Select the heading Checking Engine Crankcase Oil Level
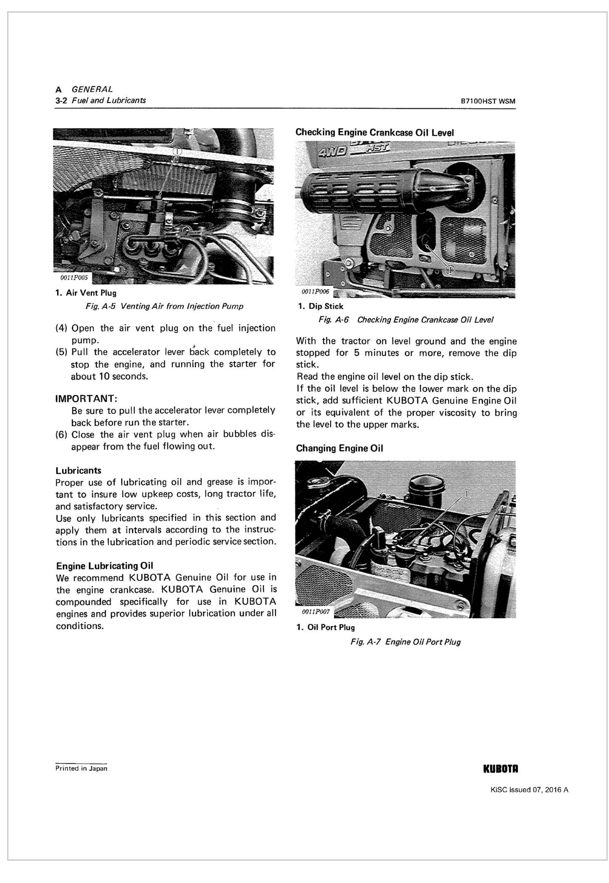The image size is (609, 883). click(x=374, y=132)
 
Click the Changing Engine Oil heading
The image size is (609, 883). click(x=339, y=448)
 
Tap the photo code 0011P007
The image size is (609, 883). click(x=316, y=612)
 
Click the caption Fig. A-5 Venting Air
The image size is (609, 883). click(x=164, y=306)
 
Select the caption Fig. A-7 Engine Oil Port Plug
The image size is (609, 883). click(x=405, y=642)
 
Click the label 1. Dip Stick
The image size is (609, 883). click(x=320, y=307)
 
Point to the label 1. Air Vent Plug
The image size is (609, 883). click(x=86, y=293)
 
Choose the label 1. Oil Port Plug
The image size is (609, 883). click(x=325, y=627)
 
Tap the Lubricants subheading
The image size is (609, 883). click(x=79, y=471)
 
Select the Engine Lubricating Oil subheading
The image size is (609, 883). click(x=105, y=566)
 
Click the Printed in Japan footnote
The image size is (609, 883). click(x=81, y=769)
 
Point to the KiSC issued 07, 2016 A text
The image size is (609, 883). click(x=529, y=790)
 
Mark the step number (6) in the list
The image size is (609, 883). click(x=62, y=435)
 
